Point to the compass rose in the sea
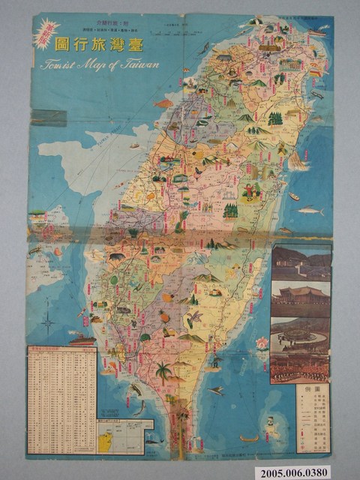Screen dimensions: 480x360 pyautogui.click(x=48, y=324)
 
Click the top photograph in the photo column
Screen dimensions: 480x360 pyautogui.click(x=300, y=262)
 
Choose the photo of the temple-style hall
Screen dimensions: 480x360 pyautogui.click(x=300, y=298)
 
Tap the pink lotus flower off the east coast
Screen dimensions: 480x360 pyautogui.click(x=262, y=344)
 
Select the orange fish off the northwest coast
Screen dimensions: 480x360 pyautogui.click(x=163, y=103)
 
